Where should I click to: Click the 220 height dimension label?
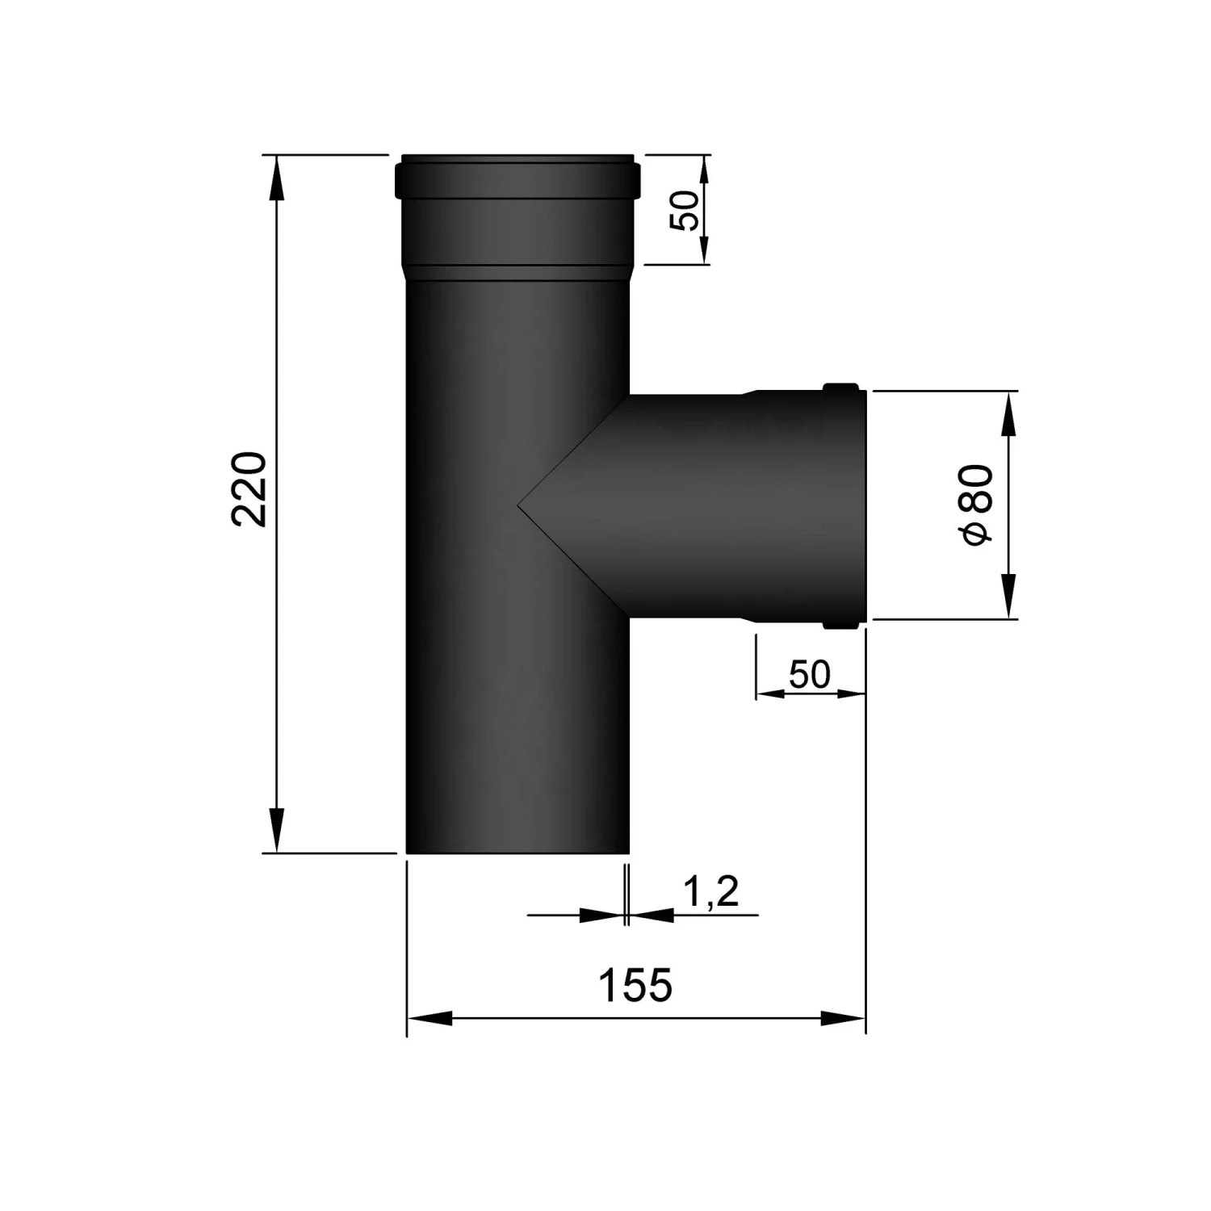click(249, 490)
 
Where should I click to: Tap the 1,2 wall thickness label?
click(710, 893)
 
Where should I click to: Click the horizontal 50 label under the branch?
click(809, 674)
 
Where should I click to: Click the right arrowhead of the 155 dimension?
click(843, 1019)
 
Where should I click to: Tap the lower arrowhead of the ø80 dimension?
click(1008, 597)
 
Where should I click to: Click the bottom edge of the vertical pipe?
click(517, 851)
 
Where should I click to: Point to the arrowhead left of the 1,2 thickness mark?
click(602, 915)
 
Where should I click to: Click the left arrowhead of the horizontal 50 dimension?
click(773, 693)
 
